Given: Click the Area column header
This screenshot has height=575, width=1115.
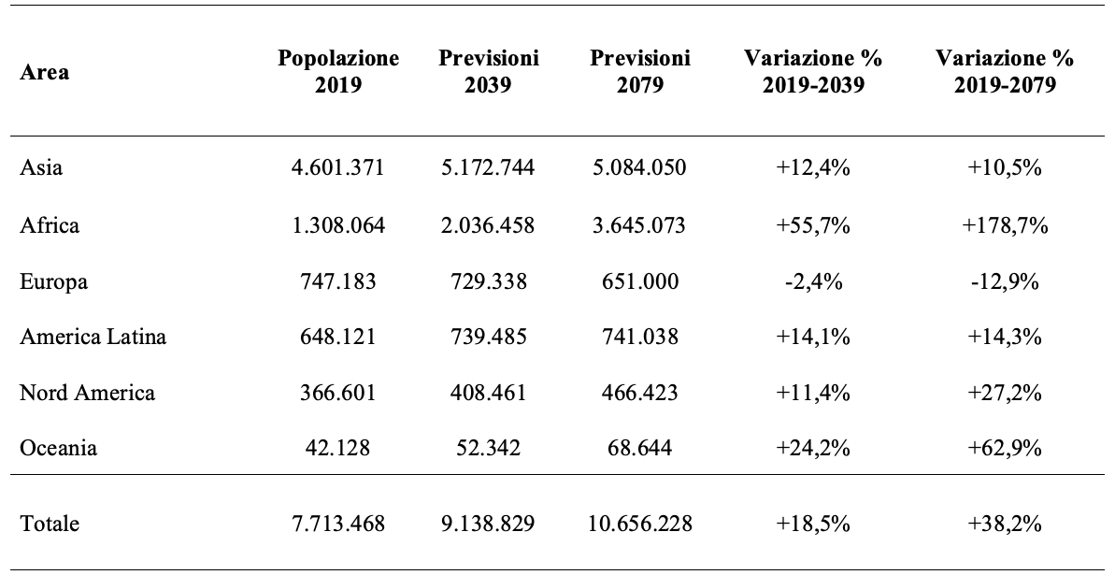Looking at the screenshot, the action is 45,73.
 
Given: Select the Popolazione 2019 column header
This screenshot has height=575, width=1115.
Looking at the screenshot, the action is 338,71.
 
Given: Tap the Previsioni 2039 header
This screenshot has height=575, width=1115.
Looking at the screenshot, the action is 489,71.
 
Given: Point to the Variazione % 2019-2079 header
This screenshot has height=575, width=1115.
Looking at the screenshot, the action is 1005,71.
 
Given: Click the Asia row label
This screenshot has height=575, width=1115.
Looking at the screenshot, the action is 41,167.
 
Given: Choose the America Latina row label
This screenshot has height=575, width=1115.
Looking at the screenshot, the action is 93,336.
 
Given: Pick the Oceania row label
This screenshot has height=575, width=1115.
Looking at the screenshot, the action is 58,449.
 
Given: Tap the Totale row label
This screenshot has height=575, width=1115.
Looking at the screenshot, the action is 50,525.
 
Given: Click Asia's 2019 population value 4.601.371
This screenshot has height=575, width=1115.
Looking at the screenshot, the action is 338,168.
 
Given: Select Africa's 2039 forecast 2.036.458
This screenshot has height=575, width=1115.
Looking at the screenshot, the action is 489,225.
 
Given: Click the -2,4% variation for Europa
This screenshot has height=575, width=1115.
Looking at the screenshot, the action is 813,281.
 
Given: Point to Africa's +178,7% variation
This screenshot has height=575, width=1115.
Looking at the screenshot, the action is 1005,225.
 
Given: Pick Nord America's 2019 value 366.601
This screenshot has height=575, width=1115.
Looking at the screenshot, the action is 338,393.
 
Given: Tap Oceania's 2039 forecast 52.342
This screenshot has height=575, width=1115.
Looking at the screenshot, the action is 489,449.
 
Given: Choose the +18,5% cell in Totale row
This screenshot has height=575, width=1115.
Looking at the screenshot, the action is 813,525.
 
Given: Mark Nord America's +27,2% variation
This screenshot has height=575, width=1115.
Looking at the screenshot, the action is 1005,393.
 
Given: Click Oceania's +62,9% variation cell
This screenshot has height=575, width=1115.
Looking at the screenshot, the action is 1005,449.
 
